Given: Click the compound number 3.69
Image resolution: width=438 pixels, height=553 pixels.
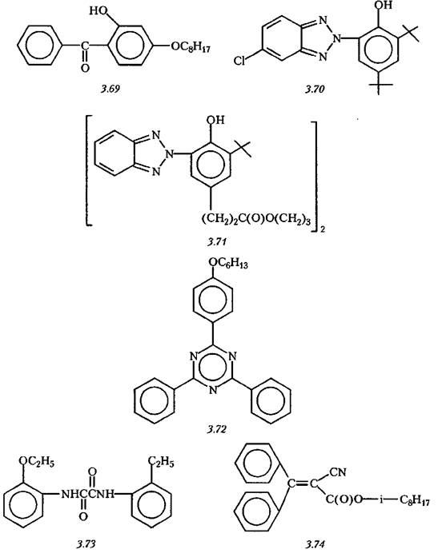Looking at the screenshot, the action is (x=111, y=89).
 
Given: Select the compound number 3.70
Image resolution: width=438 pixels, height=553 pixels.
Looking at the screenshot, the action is (x=315, y=90).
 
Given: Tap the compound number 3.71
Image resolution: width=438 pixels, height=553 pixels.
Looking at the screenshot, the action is (x=217, y=241).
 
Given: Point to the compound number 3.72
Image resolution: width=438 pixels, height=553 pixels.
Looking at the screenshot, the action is (x=217, y=429).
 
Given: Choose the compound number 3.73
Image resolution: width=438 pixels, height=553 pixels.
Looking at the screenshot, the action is (x=86, y=544).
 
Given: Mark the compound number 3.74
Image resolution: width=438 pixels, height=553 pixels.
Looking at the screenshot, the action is (x=314, y=544).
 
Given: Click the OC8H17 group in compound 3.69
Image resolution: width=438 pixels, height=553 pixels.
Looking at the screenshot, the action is (x=191, y=47).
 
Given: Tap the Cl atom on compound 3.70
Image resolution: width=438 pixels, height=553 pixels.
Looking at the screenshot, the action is (x=239, y=61).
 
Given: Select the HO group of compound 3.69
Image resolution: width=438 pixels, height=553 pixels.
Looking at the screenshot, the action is (x=98, y=11).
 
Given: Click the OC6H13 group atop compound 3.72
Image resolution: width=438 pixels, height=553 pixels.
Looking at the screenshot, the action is (x=228, y=263).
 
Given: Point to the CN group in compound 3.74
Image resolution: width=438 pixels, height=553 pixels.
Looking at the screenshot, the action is (x=338, y=471).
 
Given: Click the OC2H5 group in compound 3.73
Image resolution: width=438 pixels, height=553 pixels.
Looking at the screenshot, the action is (x=36, y=461).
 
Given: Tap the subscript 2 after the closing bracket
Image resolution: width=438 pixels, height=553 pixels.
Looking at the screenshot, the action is (x=323, y=230).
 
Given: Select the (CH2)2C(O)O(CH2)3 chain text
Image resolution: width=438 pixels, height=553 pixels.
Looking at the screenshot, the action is (x=256, y=220).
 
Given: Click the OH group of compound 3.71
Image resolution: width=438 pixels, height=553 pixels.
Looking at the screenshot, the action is (x=215, y=120).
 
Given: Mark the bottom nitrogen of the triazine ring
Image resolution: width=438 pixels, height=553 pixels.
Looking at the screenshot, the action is (x=212, y=391).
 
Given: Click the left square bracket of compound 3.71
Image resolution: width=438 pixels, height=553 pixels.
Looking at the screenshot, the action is (x=89, y=170).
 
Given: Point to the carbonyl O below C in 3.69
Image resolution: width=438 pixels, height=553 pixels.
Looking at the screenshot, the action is (x=85, y=67).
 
